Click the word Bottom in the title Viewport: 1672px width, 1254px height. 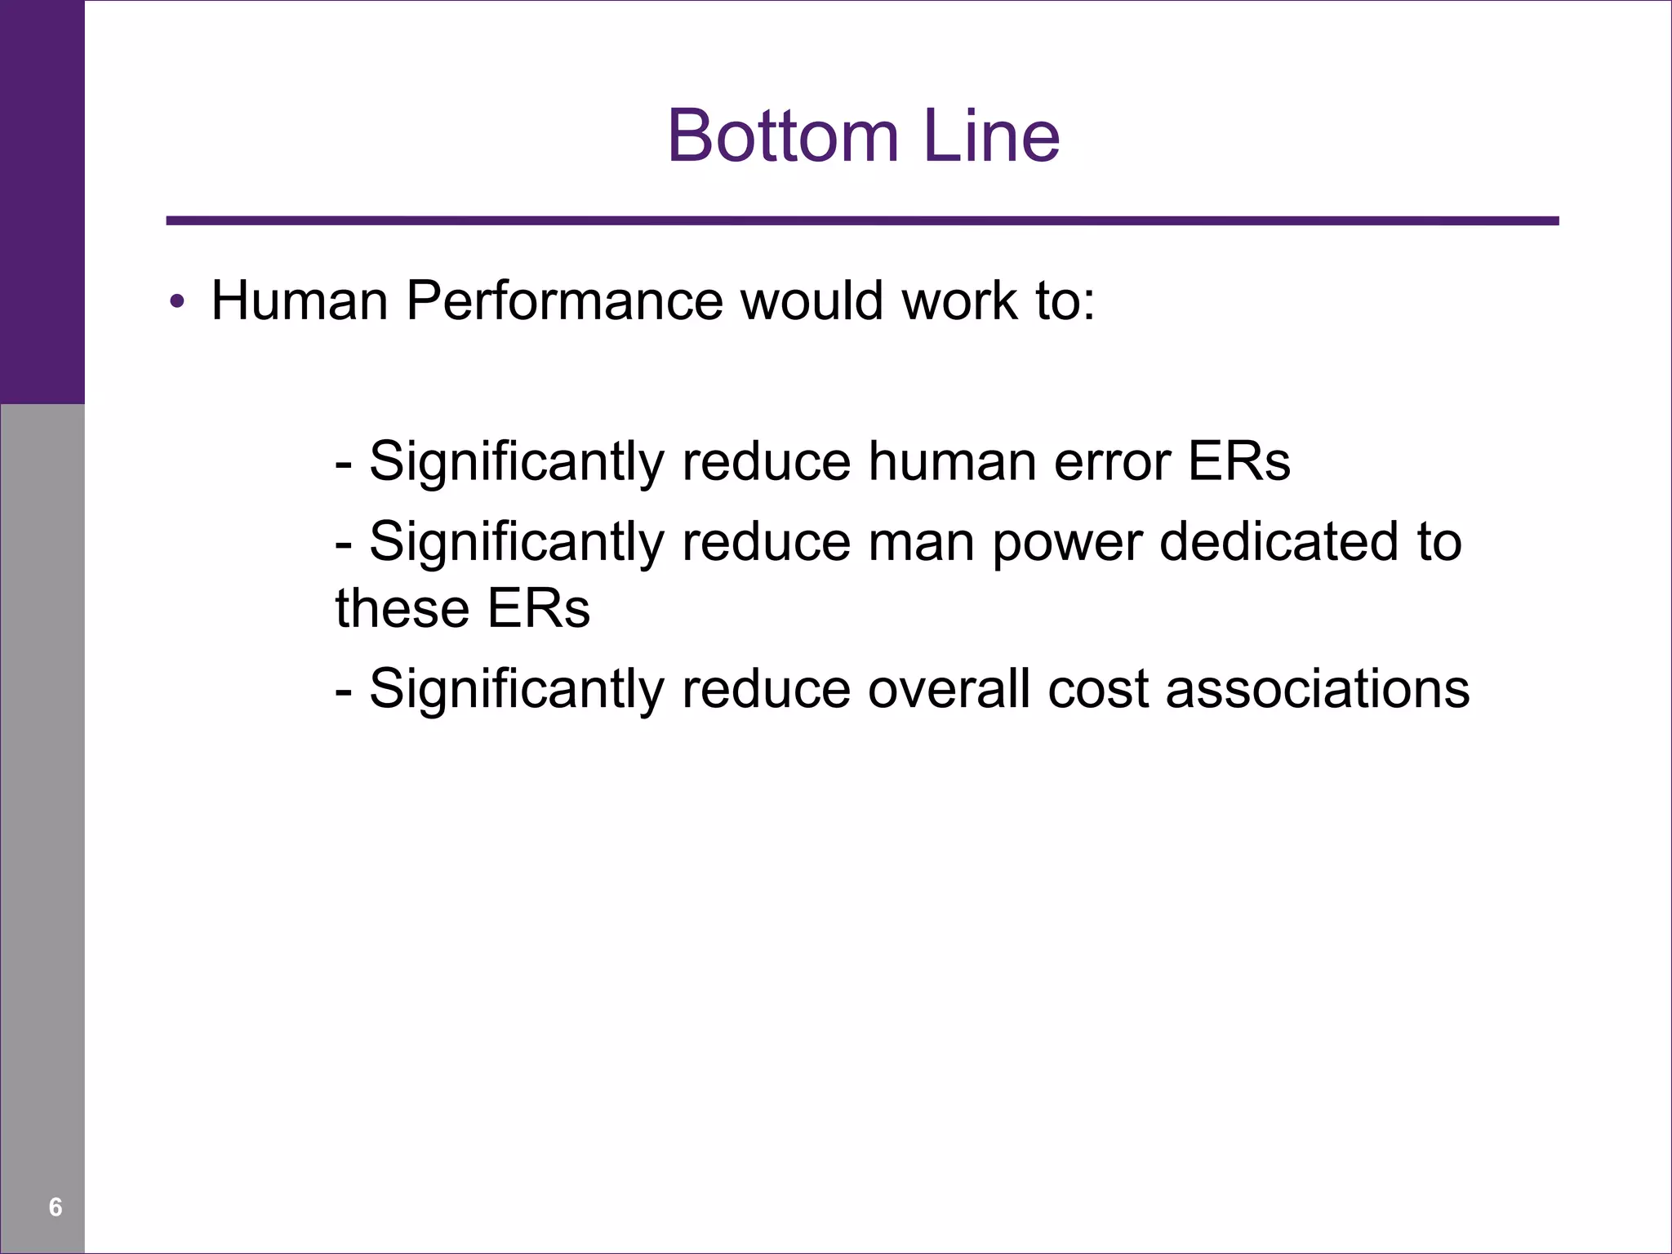(x=782, y=136)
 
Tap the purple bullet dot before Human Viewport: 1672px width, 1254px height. (x=176, y=303)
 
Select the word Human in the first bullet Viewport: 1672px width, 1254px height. (x=299, y=301)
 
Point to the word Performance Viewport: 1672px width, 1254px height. (x=564, y=301)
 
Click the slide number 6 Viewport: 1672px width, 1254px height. (x=56, y=1207)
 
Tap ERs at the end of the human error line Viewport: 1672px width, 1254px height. (x=1238, y=462)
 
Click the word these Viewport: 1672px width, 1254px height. (x=402, y=609)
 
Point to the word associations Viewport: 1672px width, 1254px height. (x=1317, y=689)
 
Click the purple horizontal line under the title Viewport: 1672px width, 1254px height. (x=862, y=220)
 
